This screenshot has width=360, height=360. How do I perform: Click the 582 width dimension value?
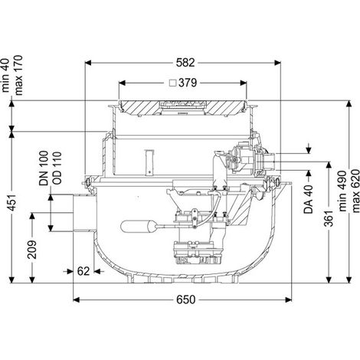point(185,63)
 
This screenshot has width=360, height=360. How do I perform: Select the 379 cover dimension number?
point(188,83)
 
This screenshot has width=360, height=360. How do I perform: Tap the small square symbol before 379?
point(173,83)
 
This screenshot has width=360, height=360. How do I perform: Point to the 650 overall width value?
point(185,299)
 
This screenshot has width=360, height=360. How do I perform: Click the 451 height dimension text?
point(12,203)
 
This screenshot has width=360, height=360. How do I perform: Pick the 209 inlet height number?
point(32,250)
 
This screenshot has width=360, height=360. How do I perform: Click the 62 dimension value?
point(83,271)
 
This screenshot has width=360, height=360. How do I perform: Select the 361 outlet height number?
point(329,218)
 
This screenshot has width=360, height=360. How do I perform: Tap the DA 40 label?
point(309,199)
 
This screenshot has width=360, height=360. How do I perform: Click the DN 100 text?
point(44,168)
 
